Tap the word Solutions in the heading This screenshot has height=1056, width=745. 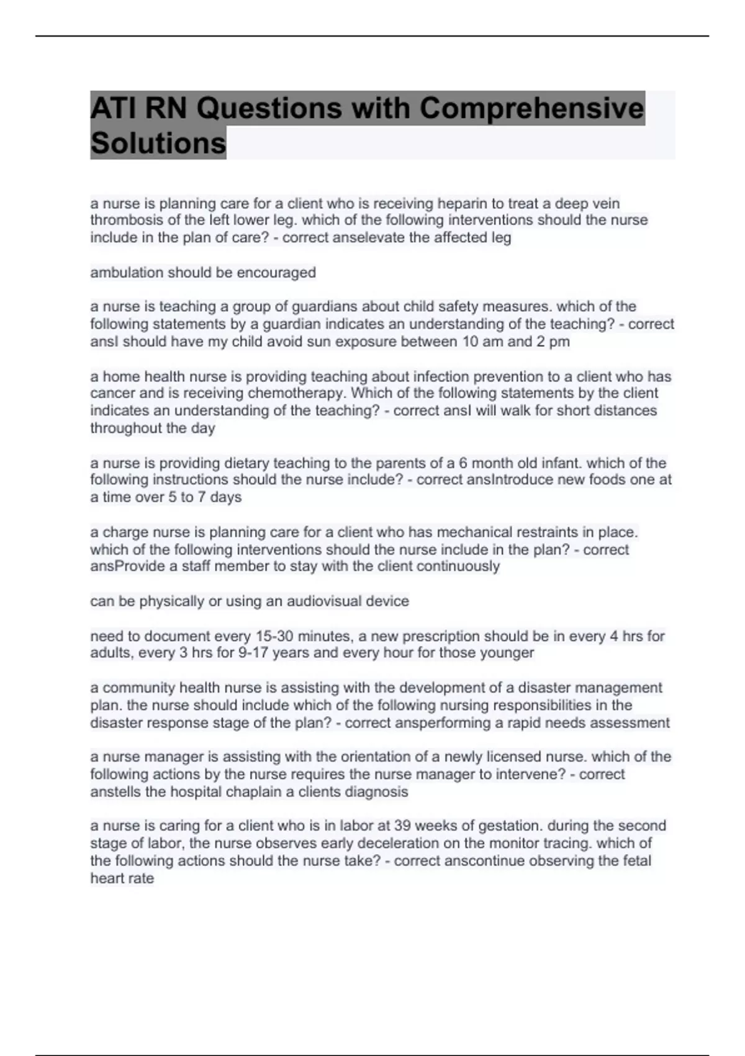click(158, 143)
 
